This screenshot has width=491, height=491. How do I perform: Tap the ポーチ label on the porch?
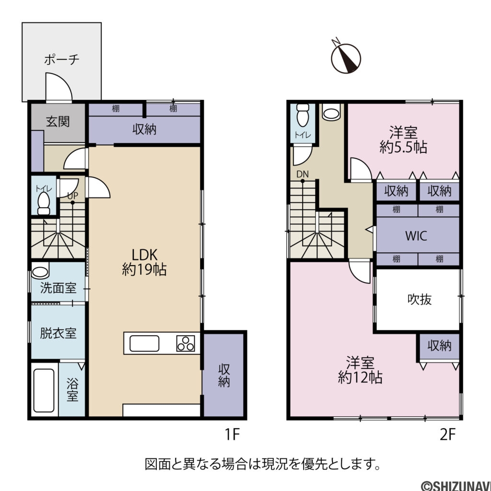[61, 60]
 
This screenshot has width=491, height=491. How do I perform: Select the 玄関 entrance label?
[58, 121]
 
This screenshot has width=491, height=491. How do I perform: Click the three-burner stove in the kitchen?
[187, 343]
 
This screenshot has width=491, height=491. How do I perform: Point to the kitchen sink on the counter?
[144, 343]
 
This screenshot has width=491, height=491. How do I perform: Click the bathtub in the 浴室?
[44, 390]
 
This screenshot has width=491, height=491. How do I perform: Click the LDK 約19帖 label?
[144, 262]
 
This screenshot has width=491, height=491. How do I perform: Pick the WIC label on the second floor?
[416, 236]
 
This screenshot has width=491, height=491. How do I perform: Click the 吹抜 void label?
[420, 299]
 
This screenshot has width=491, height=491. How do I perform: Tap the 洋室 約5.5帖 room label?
[403, 140]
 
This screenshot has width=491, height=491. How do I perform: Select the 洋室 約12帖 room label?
[360, 370]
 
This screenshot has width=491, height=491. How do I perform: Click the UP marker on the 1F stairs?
[72, 196]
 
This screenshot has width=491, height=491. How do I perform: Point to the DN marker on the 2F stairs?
[302, 174]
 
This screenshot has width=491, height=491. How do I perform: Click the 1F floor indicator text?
[232, 434]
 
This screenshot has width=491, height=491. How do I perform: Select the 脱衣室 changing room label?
[58, 333]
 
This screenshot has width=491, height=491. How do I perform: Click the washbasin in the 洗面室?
[40, 272]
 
